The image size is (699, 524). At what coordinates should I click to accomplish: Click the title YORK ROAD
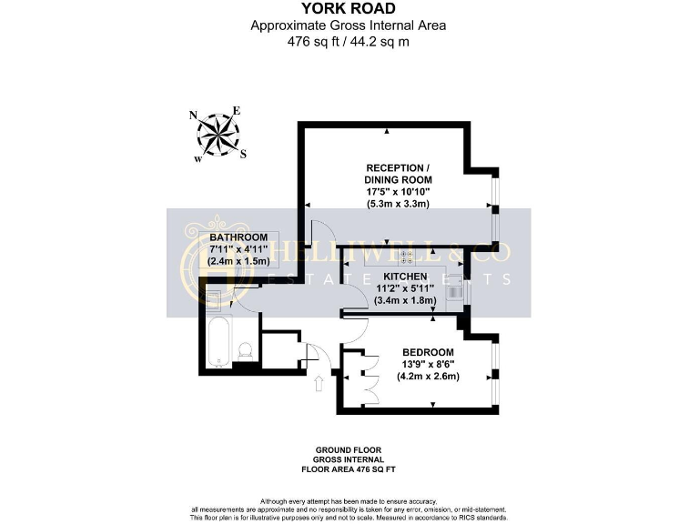tap(350, 11)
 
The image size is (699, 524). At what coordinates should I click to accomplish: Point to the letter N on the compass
tap(193, 116)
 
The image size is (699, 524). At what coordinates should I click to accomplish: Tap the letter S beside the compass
tap(243, 154)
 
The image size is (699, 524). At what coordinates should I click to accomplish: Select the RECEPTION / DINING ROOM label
tap(396, 174)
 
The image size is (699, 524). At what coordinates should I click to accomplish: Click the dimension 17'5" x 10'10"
tap(396, 193)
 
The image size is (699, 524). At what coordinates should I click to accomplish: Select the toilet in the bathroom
tap(244, 351)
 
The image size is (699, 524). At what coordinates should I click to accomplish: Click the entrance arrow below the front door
tap(319, 385)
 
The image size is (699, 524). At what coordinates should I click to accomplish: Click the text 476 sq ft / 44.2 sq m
tap(350, 40)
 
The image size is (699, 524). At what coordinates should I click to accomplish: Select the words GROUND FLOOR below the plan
tap(348, 450)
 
